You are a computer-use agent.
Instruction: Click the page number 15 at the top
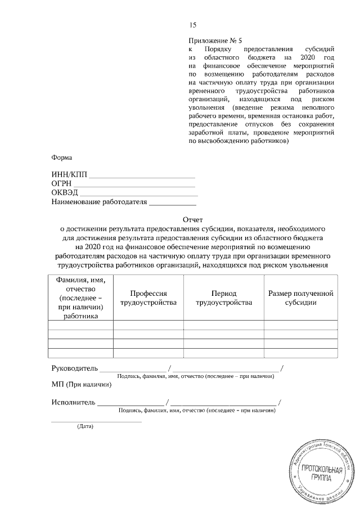coord(193,25)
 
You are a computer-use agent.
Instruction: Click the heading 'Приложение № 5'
coord(215,41)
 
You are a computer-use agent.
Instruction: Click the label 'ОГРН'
coord(61,183)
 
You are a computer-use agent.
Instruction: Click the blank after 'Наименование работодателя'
coord(172,203)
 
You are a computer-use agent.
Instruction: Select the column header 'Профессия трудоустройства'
coord(148,298)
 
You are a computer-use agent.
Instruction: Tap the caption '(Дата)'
coord(84,426)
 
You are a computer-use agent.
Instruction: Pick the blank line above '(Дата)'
coord(96,421)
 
